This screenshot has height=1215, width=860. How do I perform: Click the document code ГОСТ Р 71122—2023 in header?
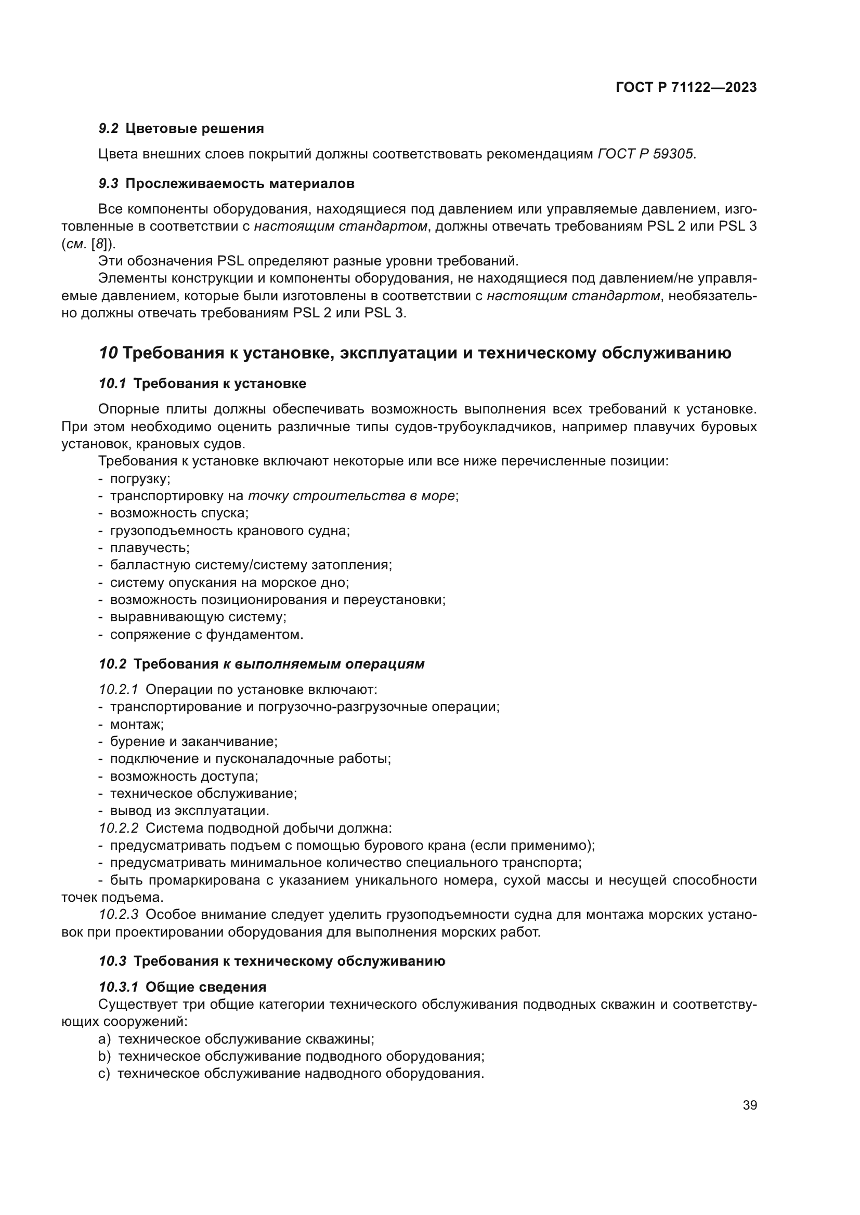point(686,88)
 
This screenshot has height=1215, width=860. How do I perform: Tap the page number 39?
point(749,1105)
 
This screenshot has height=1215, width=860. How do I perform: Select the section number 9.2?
point(109,129)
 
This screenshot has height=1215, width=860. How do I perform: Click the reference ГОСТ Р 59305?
point(646,154)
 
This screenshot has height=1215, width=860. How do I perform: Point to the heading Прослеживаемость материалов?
point(240,183)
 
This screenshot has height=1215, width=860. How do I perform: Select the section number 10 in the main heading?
point(108,353)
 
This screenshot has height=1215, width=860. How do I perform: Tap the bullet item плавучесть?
point(150,548)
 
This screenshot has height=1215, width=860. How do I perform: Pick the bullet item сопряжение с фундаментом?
point(206,634)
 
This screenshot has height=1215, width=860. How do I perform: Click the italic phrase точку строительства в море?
point(351,497)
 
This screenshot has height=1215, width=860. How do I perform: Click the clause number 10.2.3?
point(119,914)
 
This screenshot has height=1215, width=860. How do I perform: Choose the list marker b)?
point(105,1056)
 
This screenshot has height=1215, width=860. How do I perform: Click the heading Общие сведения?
point(205,987)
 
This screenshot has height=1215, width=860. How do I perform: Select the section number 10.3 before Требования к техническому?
point(112,961)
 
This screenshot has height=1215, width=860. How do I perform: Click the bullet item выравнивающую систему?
point(198,617)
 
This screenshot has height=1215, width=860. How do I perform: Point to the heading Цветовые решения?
point(194,129)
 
